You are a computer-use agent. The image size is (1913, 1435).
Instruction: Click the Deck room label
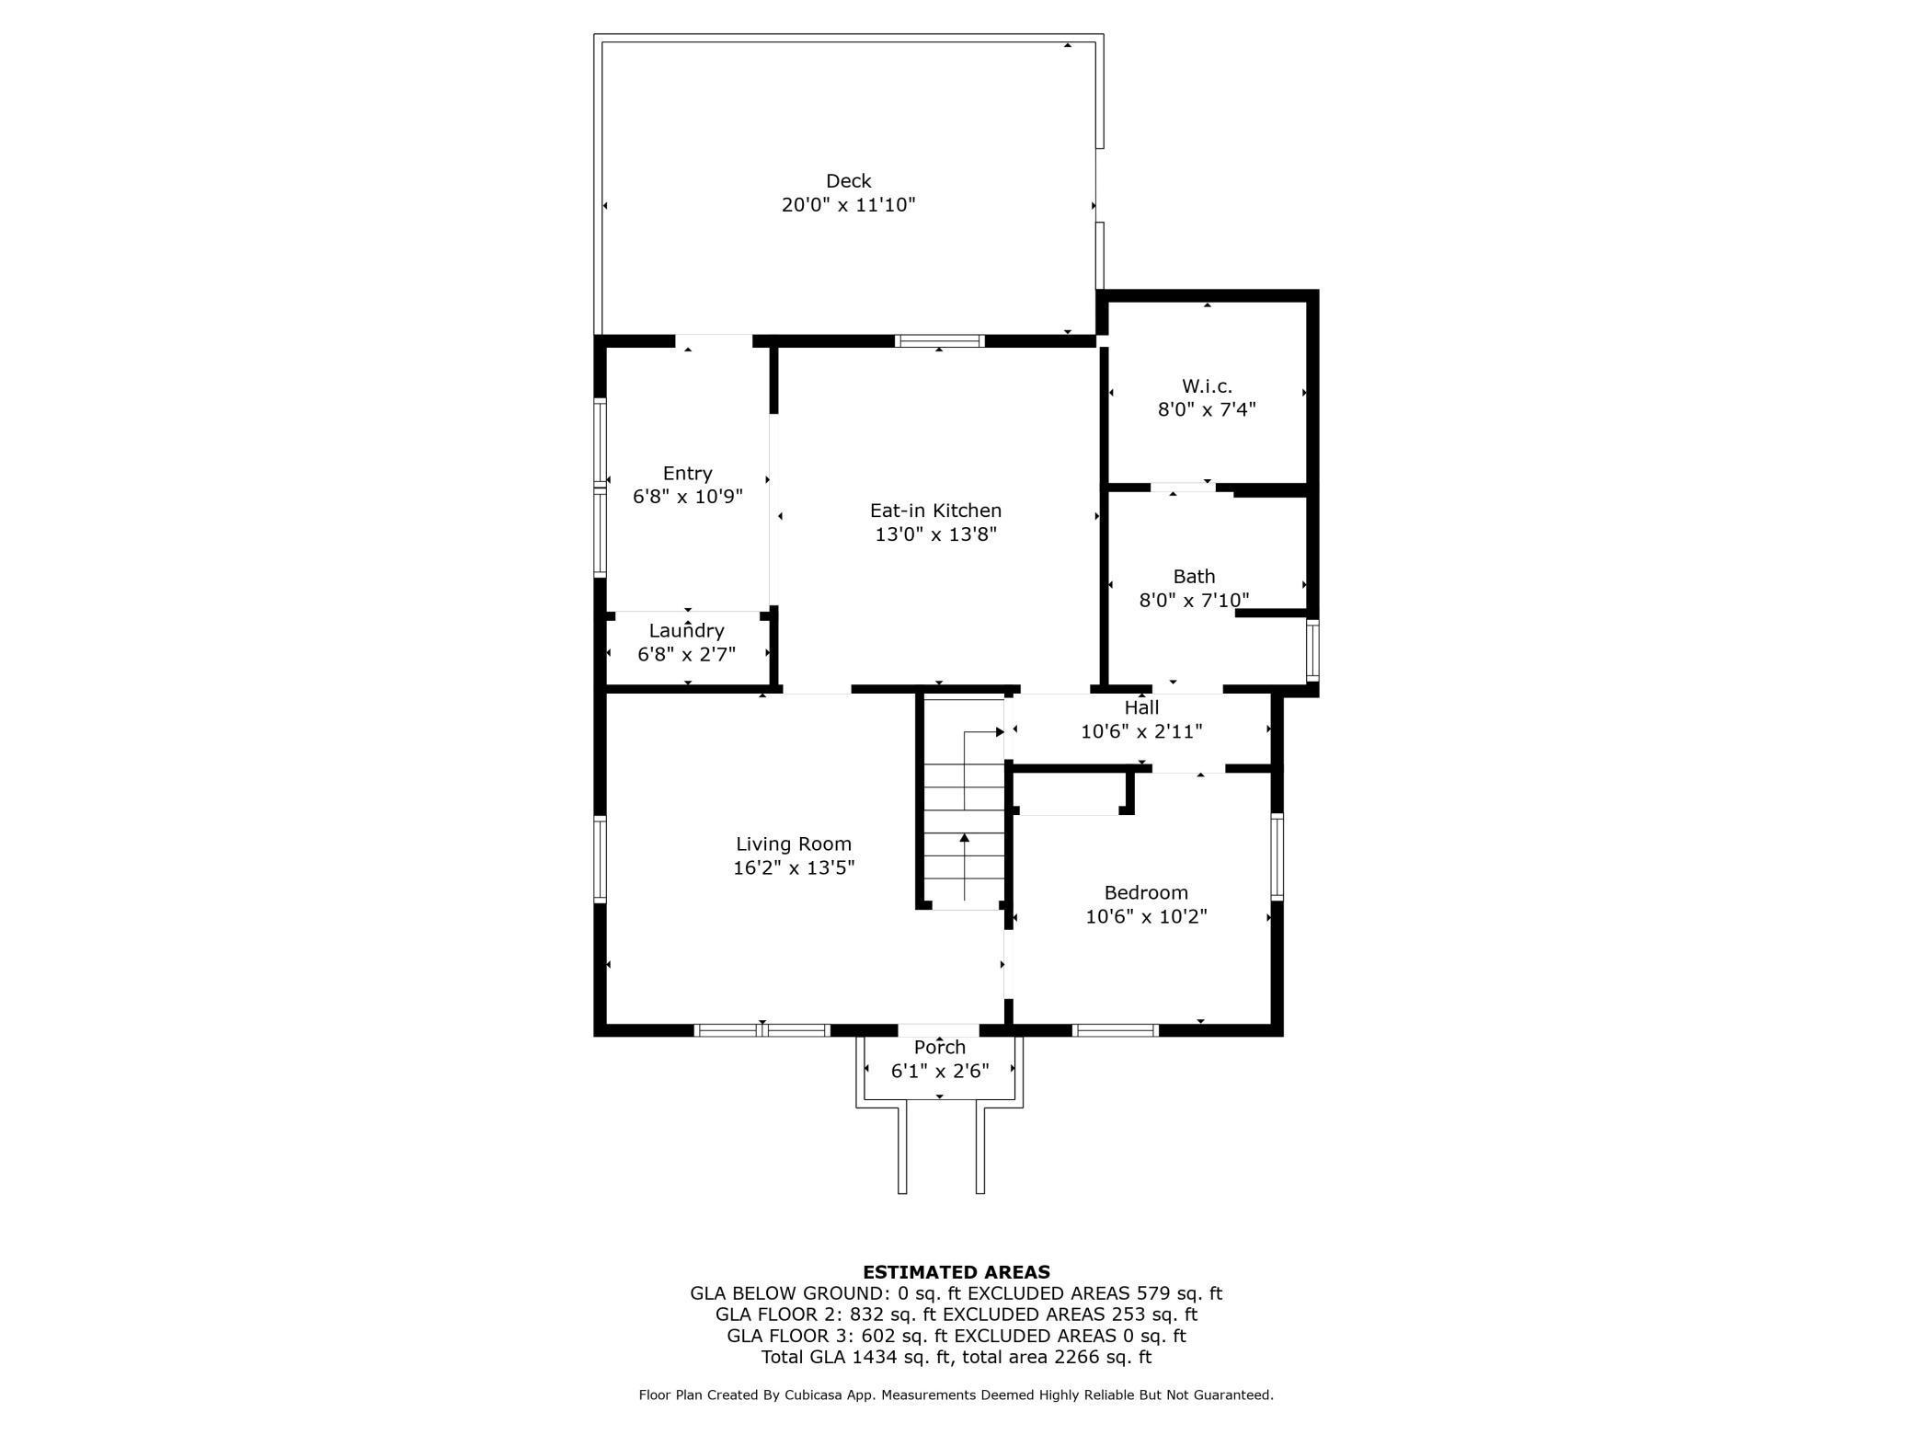[848, 181]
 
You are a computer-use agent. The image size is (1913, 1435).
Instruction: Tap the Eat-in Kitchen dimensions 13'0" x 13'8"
[935, 534]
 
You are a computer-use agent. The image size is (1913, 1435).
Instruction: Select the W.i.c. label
[1207, 386]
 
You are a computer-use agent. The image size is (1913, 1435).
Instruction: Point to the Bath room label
[1194, 577]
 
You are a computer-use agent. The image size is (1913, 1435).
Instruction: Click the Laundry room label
[686, 631]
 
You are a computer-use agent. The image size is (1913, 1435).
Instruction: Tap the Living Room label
[793, 844]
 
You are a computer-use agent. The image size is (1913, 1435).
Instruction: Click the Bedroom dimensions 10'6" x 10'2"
[1146, 917]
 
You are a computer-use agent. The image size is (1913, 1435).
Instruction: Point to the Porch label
[939, 1048]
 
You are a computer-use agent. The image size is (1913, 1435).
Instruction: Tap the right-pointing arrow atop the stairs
[999, 732]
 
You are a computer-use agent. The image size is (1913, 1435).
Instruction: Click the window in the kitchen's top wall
[939, 341]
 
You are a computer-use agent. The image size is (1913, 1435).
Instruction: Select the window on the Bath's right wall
[1312, 651]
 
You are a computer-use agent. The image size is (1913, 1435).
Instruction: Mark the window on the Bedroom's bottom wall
[1115, 1030]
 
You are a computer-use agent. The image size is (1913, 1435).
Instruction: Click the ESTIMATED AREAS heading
[956, 1272]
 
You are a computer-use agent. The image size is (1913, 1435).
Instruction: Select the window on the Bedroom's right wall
[1277, 856]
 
